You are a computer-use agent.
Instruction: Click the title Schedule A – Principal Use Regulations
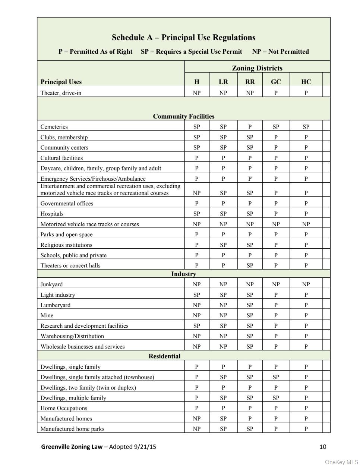coord(183,38)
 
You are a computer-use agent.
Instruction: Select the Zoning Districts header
coord(257,68)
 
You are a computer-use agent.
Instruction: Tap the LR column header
coord(223,82)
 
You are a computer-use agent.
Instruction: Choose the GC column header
coord(276,82)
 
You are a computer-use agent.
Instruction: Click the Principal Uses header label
coord(61,82)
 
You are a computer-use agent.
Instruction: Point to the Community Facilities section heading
coord(183,116)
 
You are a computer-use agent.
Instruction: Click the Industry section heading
coord(183,274)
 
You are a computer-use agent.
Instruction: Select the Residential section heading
coord(164,356)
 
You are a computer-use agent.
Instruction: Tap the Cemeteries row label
coord(54,127)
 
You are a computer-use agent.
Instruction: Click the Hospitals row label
coord(52,214)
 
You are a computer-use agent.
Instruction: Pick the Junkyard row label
coord(51,284)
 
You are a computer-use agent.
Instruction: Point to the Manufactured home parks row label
coord(72,429)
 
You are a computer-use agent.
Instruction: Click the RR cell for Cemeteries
coord(250,127)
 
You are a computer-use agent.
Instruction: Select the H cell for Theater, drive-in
coord(197,93)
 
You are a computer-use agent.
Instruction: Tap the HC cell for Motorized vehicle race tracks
coord(306,224)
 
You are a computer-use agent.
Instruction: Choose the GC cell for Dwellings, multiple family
coord(276,398)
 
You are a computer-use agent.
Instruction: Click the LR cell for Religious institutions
coord(223,245)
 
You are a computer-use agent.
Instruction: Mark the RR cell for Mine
coord(250,315)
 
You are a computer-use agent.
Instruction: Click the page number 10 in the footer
coord(323,447)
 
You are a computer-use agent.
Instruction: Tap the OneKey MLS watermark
coord(341,462)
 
